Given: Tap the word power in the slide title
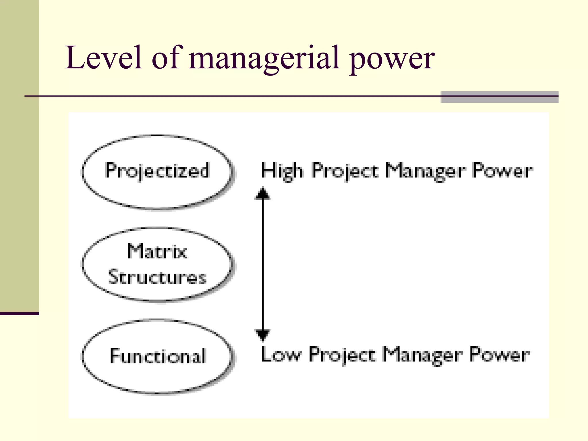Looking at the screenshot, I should click(392, 60).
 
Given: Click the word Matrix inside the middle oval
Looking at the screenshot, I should click(157, 252).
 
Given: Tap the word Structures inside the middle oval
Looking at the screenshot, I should click(157, 277).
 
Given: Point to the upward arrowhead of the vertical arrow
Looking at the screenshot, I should click(262, 193).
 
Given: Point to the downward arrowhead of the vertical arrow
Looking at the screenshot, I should click(262, 334).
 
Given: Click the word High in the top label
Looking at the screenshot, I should click(282, 171).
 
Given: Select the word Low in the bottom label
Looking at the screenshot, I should click(281, 355).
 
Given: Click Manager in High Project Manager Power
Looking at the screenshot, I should click(425, 171).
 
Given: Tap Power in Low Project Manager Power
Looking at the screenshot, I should click(500, 355).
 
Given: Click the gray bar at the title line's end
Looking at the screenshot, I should click(499, 97).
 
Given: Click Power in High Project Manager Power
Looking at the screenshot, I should click(502, 171).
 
